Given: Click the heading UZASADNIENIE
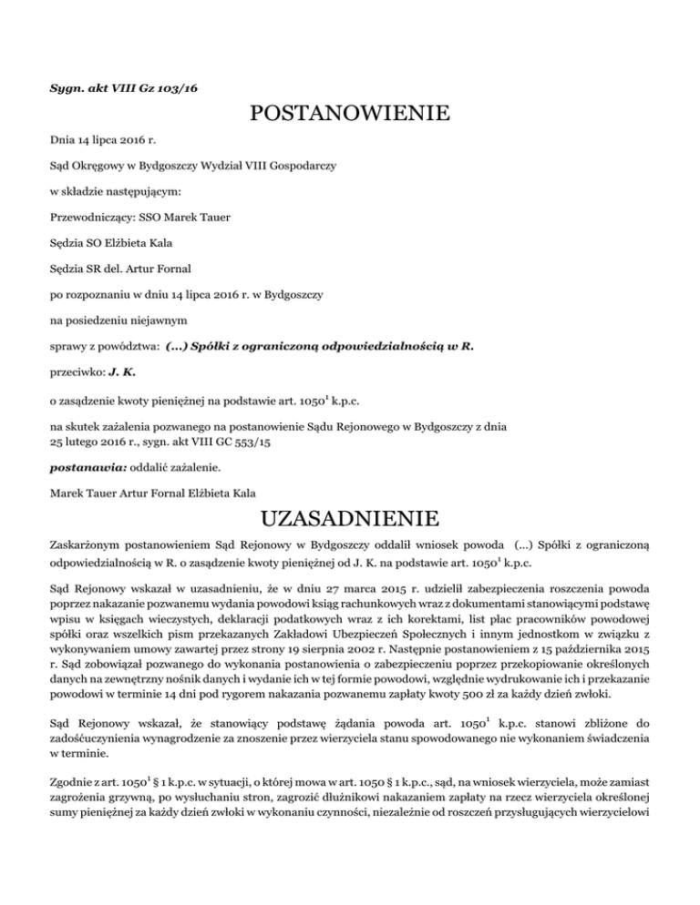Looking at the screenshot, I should pyautogui.click(x=350, y=522).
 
